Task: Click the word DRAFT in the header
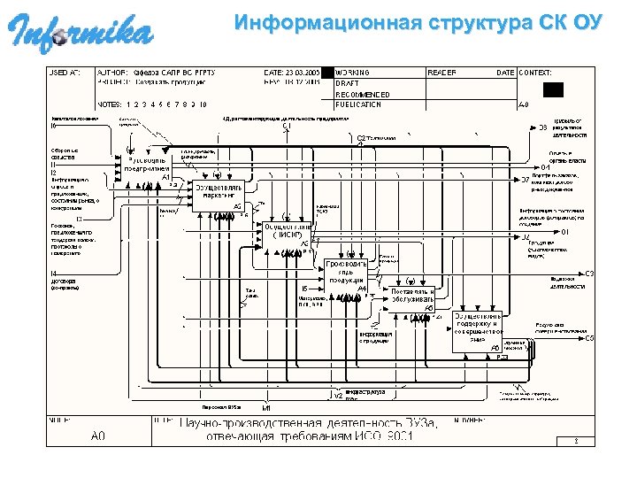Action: (347, 82)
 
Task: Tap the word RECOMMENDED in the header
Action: (362, 94)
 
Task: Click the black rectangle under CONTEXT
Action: (553, 89)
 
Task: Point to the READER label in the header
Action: (442, 72)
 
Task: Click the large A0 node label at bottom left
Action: (98, 436)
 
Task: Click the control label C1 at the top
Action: (288, 127)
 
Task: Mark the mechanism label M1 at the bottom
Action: (266, 407)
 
